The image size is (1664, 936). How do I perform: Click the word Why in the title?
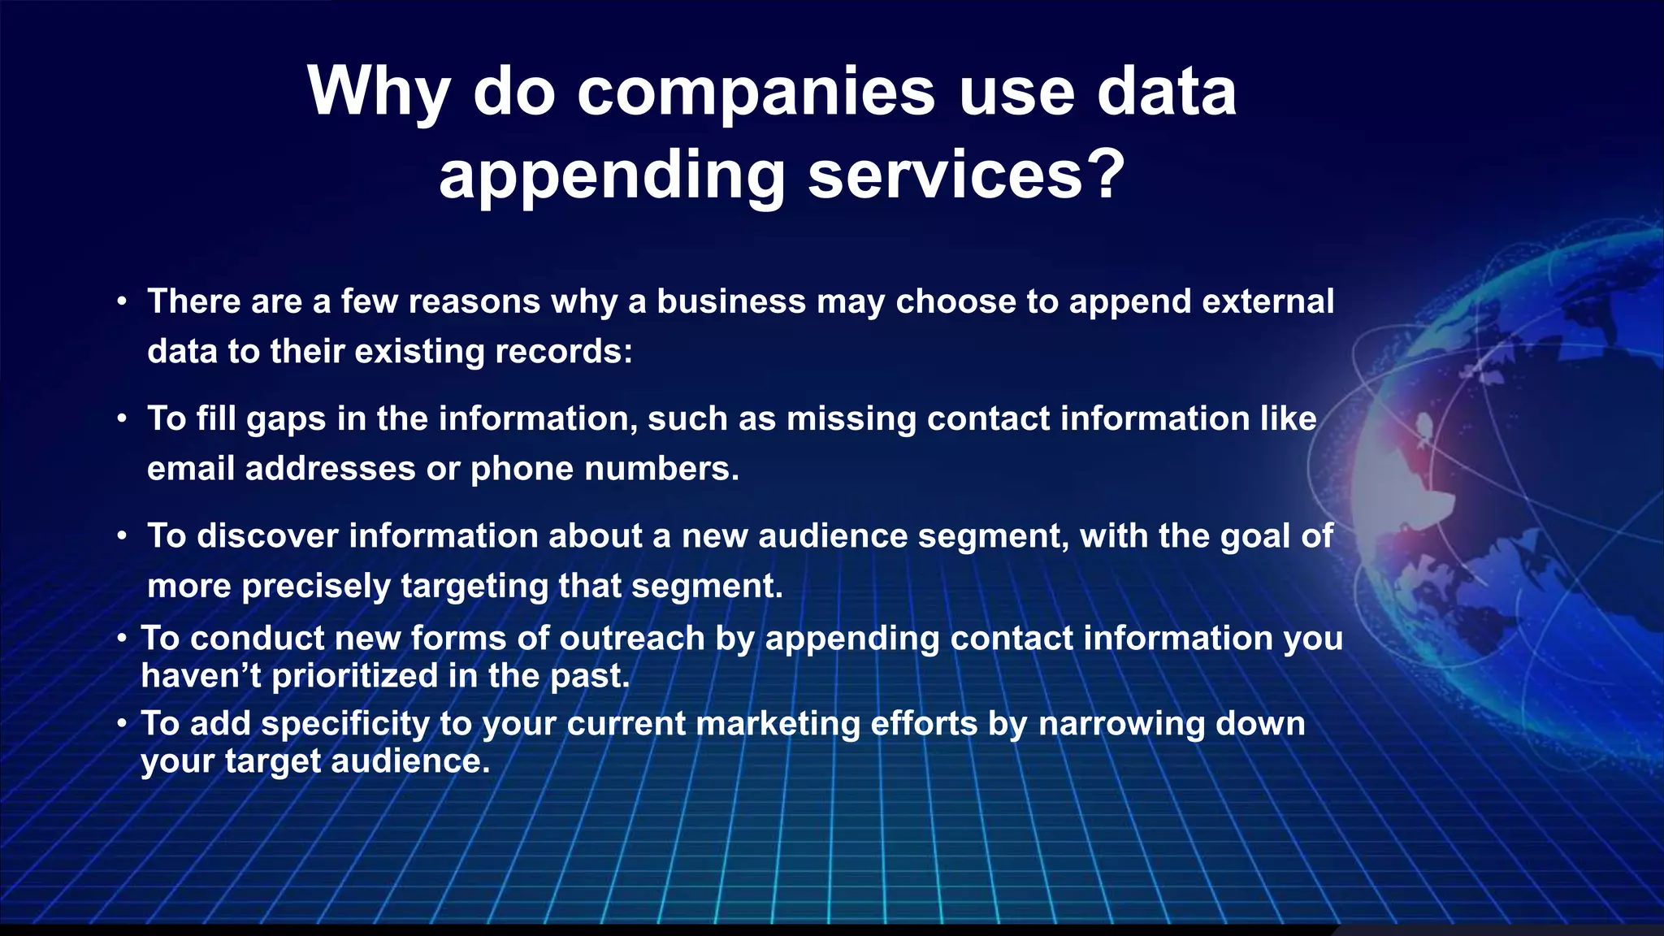point(378,93)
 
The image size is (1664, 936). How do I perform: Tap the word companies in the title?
point(756,93)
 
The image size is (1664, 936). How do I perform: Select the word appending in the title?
point(612,175)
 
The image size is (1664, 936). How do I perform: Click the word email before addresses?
point(191,468)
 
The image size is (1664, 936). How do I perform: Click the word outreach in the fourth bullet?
point(632,639)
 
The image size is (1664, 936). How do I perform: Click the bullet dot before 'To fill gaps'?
point(121,419)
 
